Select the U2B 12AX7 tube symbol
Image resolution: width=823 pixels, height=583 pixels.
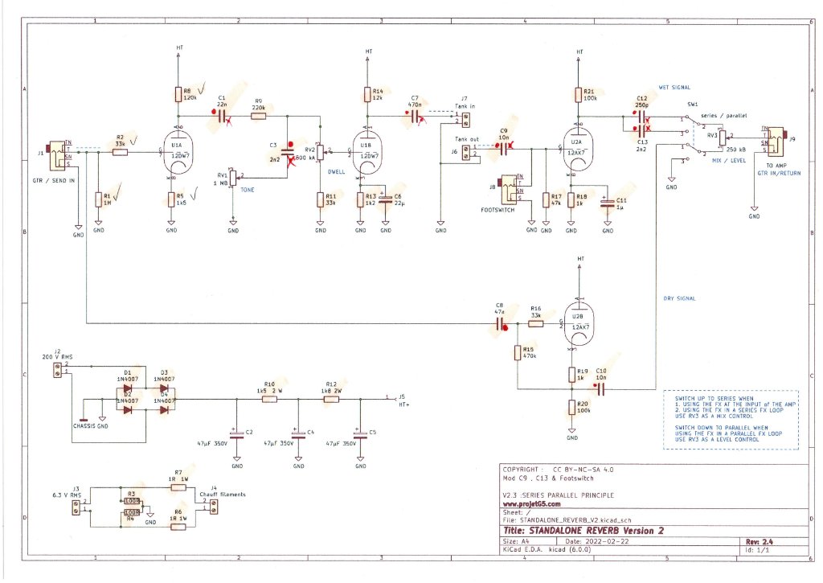click(579, 324)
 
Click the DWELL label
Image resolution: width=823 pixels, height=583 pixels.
click(338, 171)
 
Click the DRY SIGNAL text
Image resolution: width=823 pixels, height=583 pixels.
click(679, 298)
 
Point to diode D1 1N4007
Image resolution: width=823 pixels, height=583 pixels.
click(126, 388)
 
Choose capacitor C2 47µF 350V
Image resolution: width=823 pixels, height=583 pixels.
click(236, 434)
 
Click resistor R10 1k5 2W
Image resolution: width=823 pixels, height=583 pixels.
click(270, 397)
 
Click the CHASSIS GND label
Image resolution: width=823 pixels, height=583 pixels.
click(90, 426)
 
